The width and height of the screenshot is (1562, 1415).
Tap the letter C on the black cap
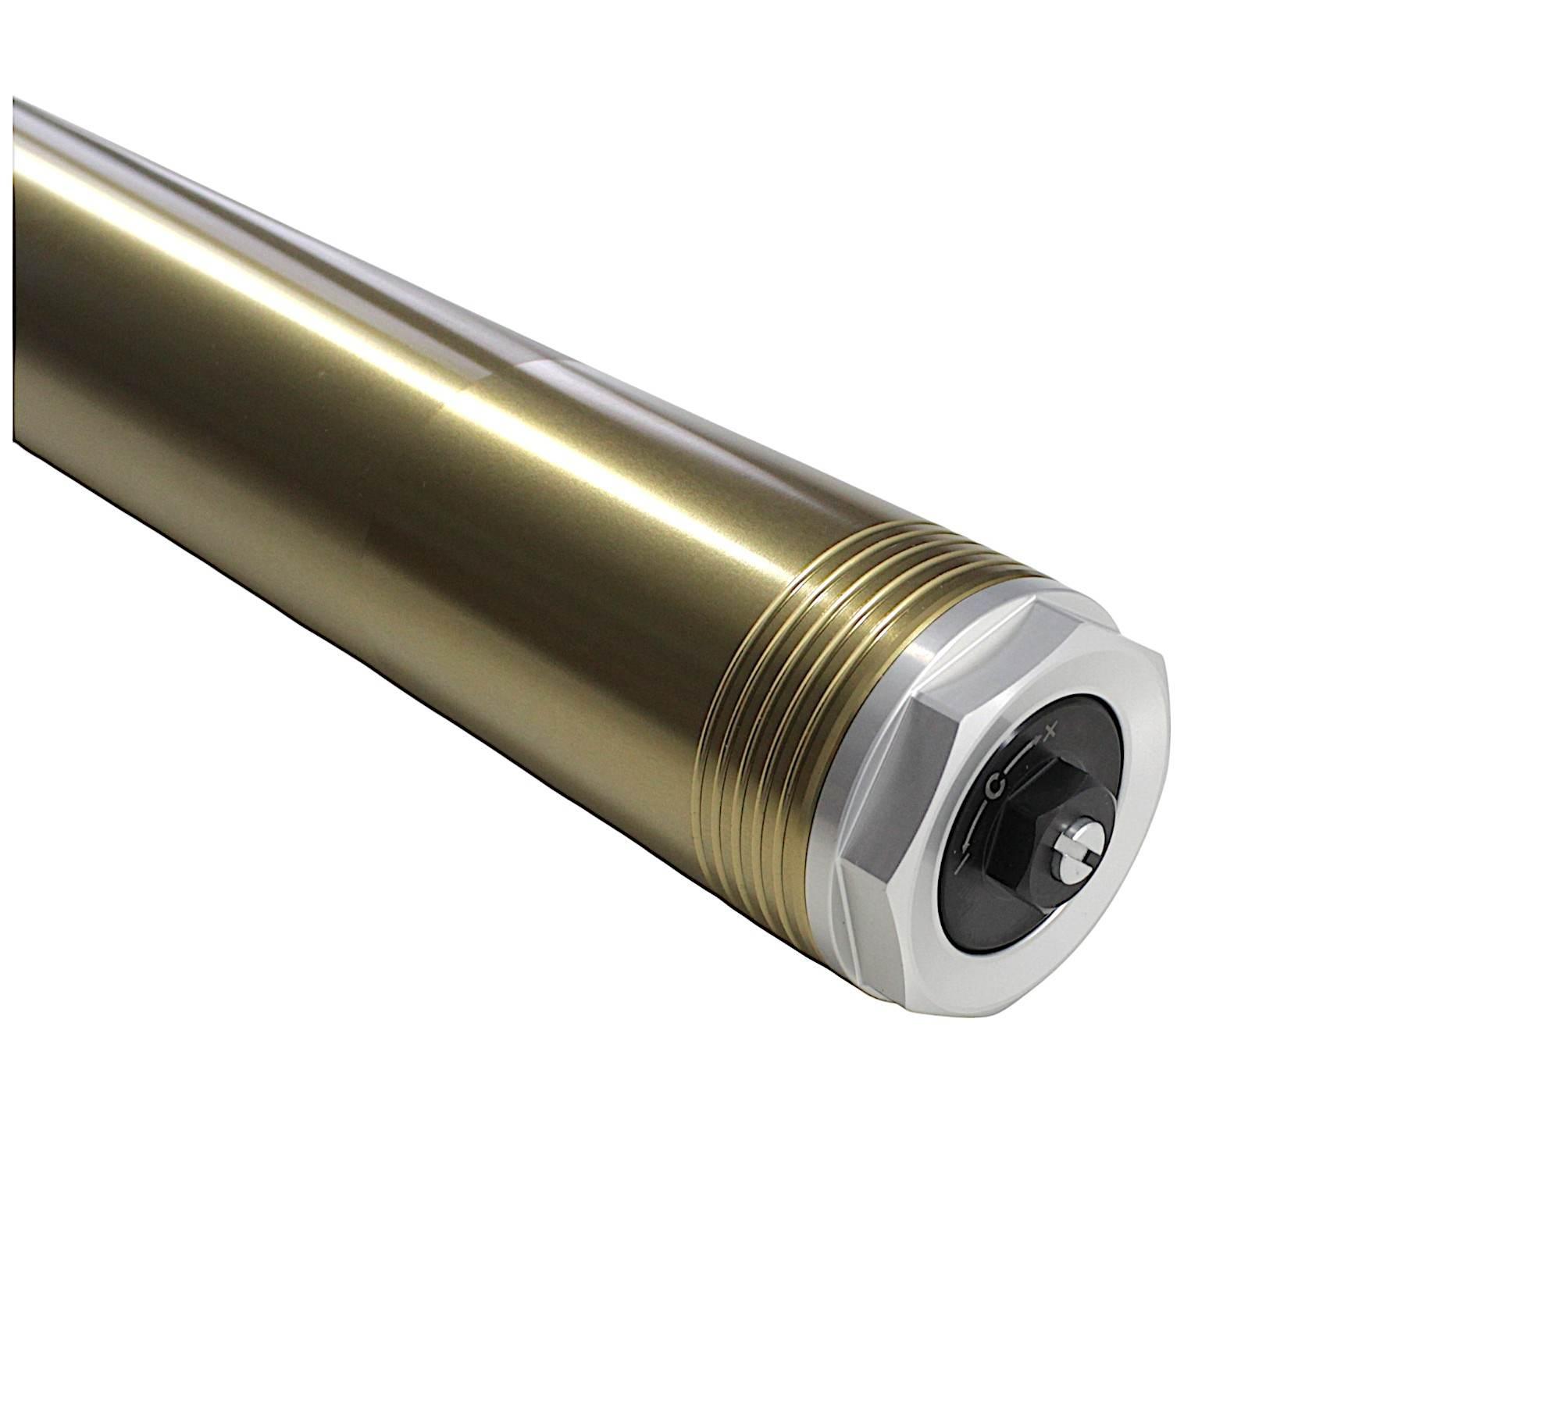coord(995,786)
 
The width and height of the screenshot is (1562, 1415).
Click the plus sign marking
coord(1051,731)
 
